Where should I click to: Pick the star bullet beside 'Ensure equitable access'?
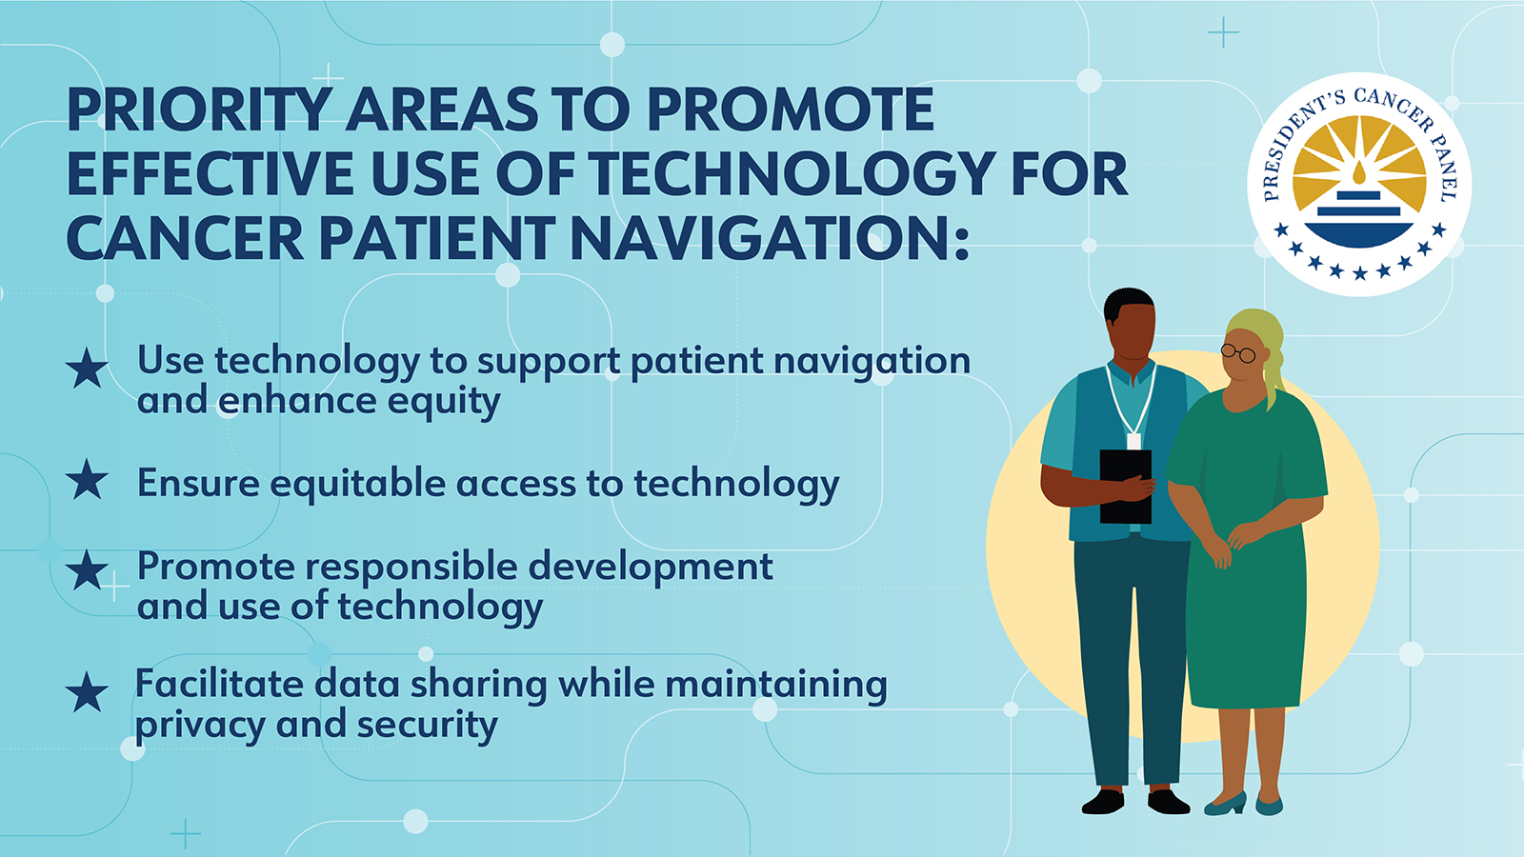(x=87, y=479)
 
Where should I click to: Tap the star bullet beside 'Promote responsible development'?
(x=87, y=569)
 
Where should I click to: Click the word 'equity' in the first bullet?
(x=444, y=402)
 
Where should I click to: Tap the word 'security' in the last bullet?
(x=428, y=725)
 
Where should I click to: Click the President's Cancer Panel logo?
(x=1358, y=185)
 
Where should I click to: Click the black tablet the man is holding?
(x=1125, y=487)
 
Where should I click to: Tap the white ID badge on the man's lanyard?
(x=1133, y=442)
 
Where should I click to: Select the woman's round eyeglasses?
(x=1238, y=353)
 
